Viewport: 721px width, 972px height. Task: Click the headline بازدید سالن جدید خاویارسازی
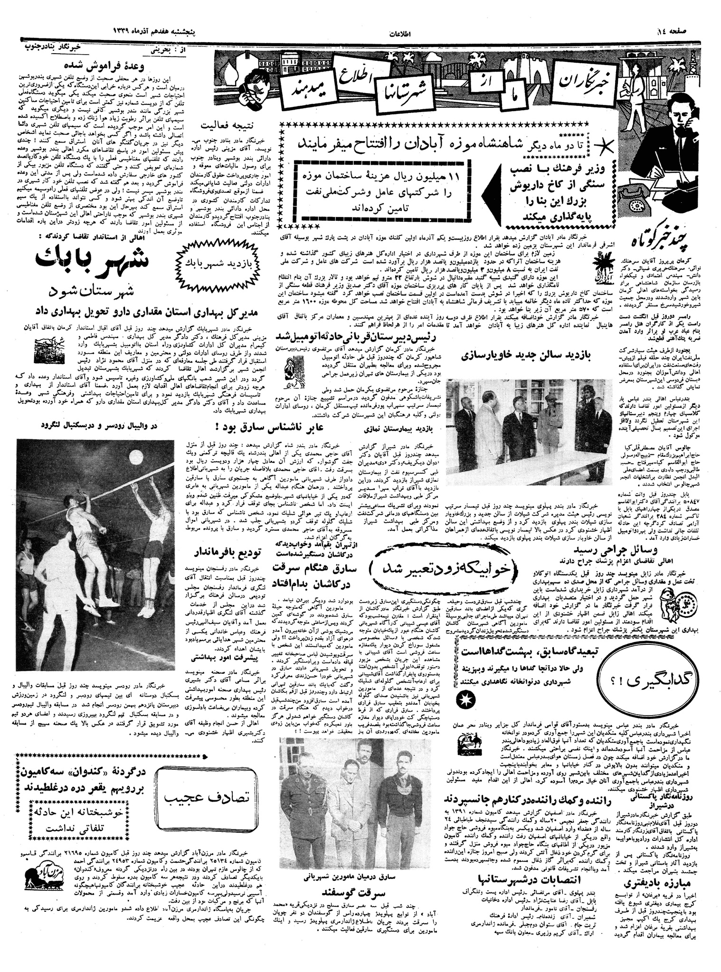[x=537, y=356]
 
